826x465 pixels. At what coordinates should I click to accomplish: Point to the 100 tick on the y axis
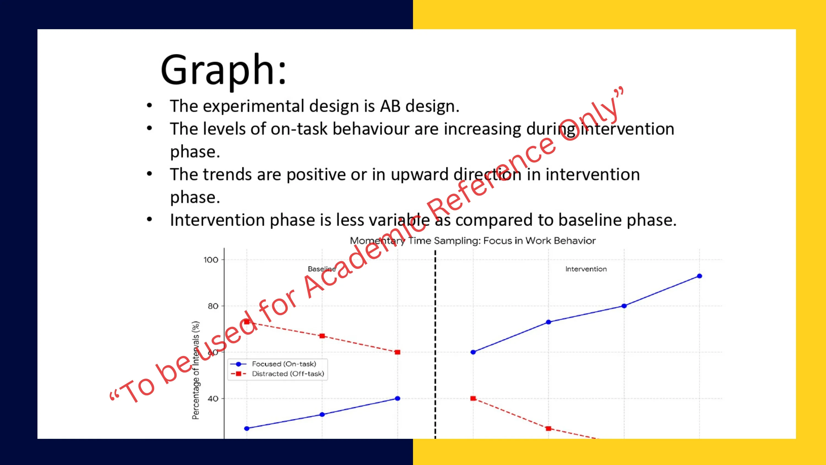tap(211, 259)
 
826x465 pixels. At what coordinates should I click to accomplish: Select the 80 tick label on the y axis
tap(213, 306)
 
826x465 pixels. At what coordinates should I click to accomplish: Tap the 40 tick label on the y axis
tap(213, 399)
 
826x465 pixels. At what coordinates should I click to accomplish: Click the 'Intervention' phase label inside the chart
tap(586, 269)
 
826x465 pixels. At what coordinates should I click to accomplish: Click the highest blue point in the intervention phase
tap(699, 276)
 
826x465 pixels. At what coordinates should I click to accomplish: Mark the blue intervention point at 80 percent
tap(624, 306)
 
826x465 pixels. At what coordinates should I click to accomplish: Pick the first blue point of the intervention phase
tap(473, 352)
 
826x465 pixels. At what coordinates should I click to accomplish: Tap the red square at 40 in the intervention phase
tap(473, 398)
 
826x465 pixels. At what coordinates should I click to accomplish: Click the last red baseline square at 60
tap(398, 352)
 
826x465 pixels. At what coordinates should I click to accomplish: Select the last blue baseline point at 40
tap(398, 398)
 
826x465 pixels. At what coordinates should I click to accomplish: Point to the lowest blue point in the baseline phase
tap(247, 428)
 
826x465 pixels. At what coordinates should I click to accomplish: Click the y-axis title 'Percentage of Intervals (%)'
tap(195, 370)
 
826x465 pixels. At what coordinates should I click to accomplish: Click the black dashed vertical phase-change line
tap(435, 344)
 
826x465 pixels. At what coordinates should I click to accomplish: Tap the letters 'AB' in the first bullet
tap(390, 106)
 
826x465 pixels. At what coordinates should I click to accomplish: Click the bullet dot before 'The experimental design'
tap(150, 105)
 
